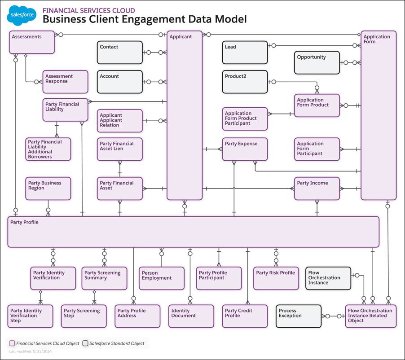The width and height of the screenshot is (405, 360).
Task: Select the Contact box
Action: point(120,53)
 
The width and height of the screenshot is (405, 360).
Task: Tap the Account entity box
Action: point(120,82)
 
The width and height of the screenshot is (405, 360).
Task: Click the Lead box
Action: point(245,53)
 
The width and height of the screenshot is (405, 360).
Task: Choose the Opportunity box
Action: point(317,62)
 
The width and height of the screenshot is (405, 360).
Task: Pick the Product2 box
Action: point(245,82)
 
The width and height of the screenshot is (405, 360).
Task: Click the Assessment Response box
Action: point(65,82)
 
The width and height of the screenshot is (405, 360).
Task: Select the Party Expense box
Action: point(245,149)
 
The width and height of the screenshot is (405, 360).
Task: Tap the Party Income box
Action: point(317,189)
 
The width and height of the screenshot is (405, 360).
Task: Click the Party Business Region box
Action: point(48,189)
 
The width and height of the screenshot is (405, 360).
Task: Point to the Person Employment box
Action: point(161,278)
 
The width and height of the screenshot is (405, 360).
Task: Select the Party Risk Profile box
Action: point(276,278)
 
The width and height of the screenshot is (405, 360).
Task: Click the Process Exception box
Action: point(299,316)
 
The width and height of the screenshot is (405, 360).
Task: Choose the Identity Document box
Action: point(191,316)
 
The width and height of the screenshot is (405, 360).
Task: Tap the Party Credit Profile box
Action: point(245,316)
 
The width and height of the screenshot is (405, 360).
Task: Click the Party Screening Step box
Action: point(84,316)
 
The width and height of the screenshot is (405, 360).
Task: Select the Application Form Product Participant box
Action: point(245,119)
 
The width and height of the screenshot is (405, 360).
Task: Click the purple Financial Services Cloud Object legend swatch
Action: point(12,343)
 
